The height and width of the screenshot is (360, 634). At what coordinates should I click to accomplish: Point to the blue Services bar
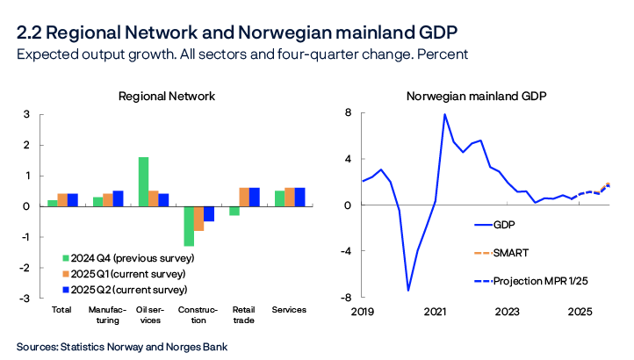[x=299, y=197]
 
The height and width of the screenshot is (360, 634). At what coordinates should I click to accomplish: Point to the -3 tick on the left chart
[x=25, y=298]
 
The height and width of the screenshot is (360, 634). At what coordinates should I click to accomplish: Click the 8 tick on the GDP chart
[x=349, y=114]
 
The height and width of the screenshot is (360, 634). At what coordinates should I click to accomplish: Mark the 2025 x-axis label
[x=579, y=311]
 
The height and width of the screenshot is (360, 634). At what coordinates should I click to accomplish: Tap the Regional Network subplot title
[x=167, y=96]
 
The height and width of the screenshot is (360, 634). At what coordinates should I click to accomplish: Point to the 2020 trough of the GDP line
[x=408, y=290]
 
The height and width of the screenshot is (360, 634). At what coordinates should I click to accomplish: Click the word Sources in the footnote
[x=36, y=347]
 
